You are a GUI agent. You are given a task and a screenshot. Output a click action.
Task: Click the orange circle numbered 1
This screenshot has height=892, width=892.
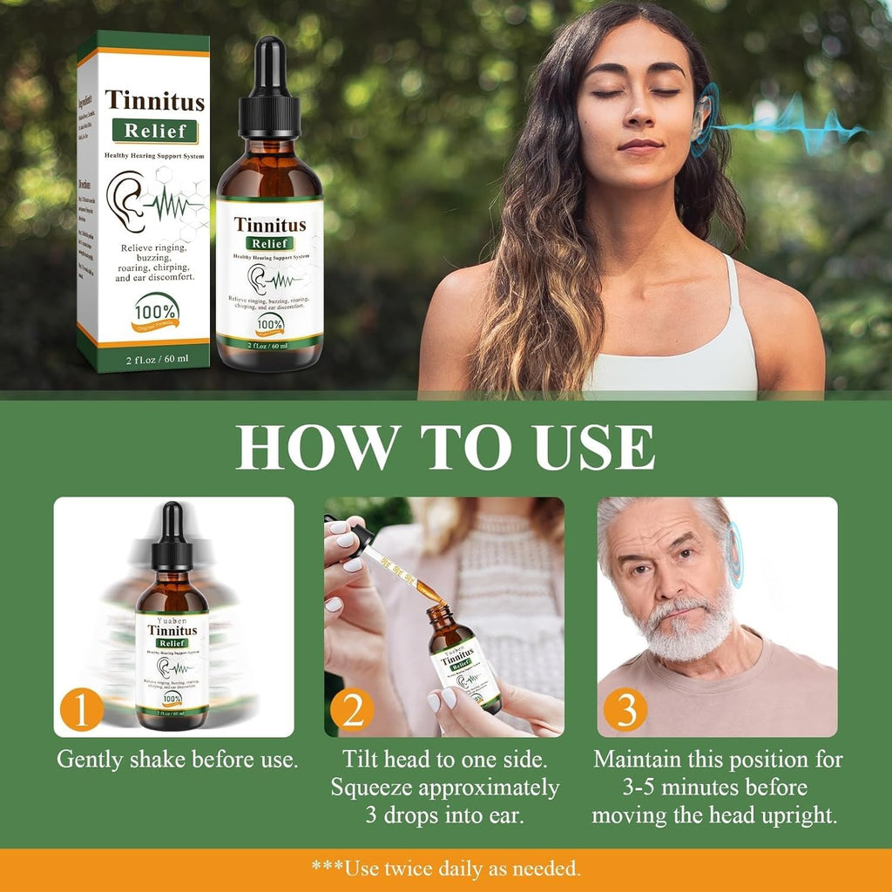tap(83, 712)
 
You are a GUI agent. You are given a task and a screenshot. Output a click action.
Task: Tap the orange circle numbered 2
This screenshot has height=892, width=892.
tap(352, 712)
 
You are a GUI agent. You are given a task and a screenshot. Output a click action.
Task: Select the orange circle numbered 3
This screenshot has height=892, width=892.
tap(625, 712)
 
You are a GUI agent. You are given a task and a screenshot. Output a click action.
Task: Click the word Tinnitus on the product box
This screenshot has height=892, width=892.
tap(155, 100)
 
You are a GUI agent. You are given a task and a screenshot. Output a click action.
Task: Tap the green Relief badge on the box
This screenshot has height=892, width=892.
tap(154, 132)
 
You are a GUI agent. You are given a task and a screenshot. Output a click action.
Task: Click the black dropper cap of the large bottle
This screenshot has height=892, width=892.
tap(269, 87)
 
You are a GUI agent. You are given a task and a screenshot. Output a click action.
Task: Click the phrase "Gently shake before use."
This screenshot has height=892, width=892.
tap(178, 759)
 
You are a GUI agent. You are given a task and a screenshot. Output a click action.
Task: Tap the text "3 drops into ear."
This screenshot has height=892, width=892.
tap(444, 816)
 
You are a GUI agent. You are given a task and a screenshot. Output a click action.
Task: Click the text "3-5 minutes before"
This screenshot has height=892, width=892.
tap(715, 787)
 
